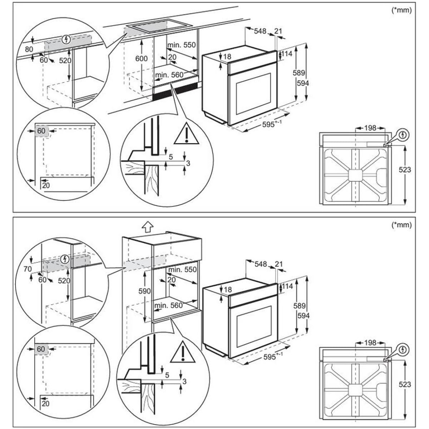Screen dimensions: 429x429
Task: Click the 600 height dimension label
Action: (x=142, y=59)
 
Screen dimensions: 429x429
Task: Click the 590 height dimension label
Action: (x=144, y=291)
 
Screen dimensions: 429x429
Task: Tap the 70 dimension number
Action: (x=28, y=269)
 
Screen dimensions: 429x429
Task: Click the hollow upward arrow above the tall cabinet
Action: (x=147, y=226)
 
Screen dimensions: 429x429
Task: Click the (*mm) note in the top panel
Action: (x=402, y=10)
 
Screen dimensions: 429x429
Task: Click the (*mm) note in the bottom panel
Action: (x=402, y=225)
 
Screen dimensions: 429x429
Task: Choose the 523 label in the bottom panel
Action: (x=405, y=384)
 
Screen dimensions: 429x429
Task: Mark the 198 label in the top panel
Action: (x=370, y=128)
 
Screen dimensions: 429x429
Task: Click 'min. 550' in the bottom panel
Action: (x=182, y=269)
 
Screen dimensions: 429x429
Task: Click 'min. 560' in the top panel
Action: (x=169, y=75)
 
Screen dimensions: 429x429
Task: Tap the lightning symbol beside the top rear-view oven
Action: (x=403, y=135)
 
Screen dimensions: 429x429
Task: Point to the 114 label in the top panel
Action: (x=287, y=54)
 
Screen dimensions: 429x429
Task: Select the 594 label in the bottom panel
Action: (x=303, y=316)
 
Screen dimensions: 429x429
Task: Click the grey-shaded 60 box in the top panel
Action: (x=41, y=131)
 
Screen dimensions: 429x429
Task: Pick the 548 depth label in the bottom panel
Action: (x=261, y=264)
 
